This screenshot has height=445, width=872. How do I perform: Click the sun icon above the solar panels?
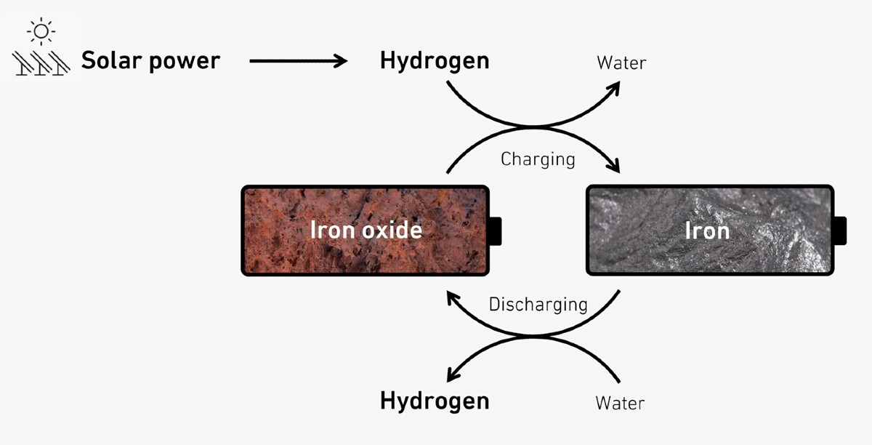click(x=41, y=31)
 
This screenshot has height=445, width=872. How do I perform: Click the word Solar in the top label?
click(x=111, y=60)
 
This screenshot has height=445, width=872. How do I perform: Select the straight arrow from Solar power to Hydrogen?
click(x=298, y=61)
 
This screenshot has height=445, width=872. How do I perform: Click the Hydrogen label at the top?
click(x=435, y=62)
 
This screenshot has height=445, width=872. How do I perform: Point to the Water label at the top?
click(x=621, y=63)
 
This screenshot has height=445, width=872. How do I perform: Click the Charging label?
click(x=538, y=160)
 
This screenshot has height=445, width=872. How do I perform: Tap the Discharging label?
click(x=538, y=305)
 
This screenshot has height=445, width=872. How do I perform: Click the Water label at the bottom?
click(x=620, y=404)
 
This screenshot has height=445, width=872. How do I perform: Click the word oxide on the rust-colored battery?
click(x=392, y=230)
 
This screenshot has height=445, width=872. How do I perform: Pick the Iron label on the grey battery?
click(x=707, y=230)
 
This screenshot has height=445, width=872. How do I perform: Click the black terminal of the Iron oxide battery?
click(x=495, y=231)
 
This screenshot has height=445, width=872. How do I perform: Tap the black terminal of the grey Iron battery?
click(x=840, y=230)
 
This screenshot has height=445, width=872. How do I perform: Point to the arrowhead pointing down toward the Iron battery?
click(x=613, y=165)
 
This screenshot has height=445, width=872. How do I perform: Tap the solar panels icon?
click(x=41, y=63)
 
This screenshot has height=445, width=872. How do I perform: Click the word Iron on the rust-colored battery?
click(x=333, y=230)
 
